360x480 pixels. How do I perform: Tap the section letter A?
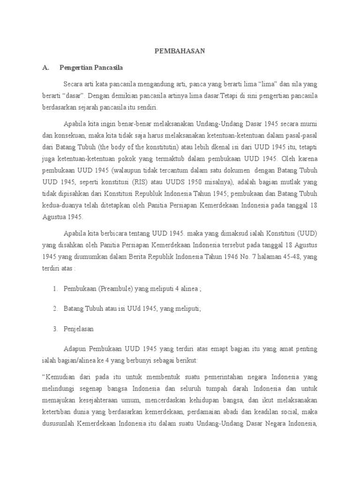45,67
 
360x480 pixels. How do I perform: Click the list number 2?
55,308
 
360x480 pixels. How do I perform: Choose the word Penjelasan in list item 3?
79,329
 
